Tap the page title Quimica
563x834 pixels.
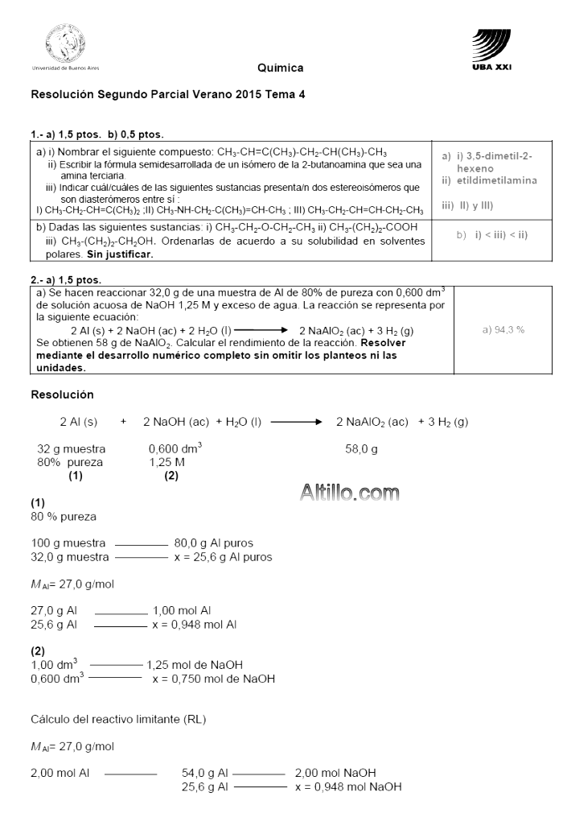point(281,68)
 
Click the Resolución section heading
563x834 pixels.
point(63,394)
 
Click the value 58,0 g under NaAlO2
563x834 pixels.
point(361,449)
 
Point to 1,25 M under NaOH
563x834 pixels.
point(167,462)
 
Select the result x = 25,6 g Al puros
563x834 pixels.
point(223,556)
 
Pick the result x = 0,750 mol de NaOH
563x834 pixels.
point(213,679)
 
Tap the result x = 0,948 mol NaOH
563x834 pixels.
point(348,786)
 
